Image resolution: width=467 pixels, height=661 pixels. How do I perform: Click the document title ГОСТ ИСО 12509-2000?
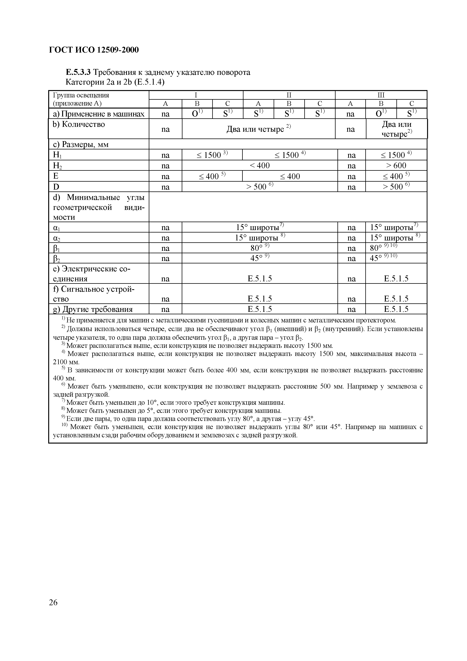(94, 50)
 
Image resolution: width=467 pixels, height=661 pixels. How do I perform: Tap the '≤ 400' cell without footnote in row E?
(290, 176)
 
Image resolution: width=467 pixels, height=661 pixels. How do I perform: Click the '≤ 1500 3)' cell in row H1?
(212, 155)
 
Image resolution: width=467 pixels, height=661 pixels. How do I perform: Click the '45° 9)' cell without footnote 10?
(259, 258)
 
